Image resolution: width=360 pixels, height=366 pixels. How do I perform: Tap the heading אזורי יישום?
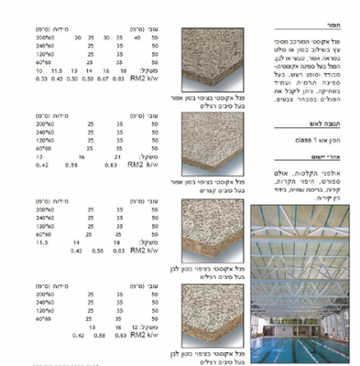click(334, 160)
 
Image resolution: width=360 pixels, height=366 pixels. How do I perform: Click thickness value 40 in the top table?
click(136, 38)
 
